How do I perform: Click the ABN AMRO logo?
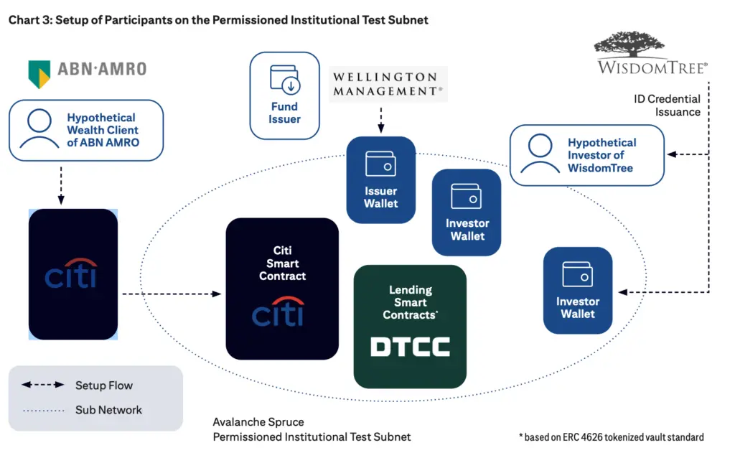[87, 70]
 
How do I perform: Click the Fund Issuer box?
[284, 95]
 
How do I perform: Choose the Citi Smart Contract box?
[282, 288]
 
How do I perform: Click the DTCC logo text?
[410, 347]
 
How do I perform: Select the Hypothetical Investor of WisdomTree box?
[587, 155]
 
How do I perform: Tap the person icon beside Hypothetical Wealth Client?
[39, 128]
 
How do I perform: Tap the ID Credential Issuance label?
[667, 106]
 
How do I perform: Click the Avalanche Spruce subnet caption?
[312, 429]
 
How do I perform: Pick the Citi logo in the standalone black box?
[72, 274]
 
